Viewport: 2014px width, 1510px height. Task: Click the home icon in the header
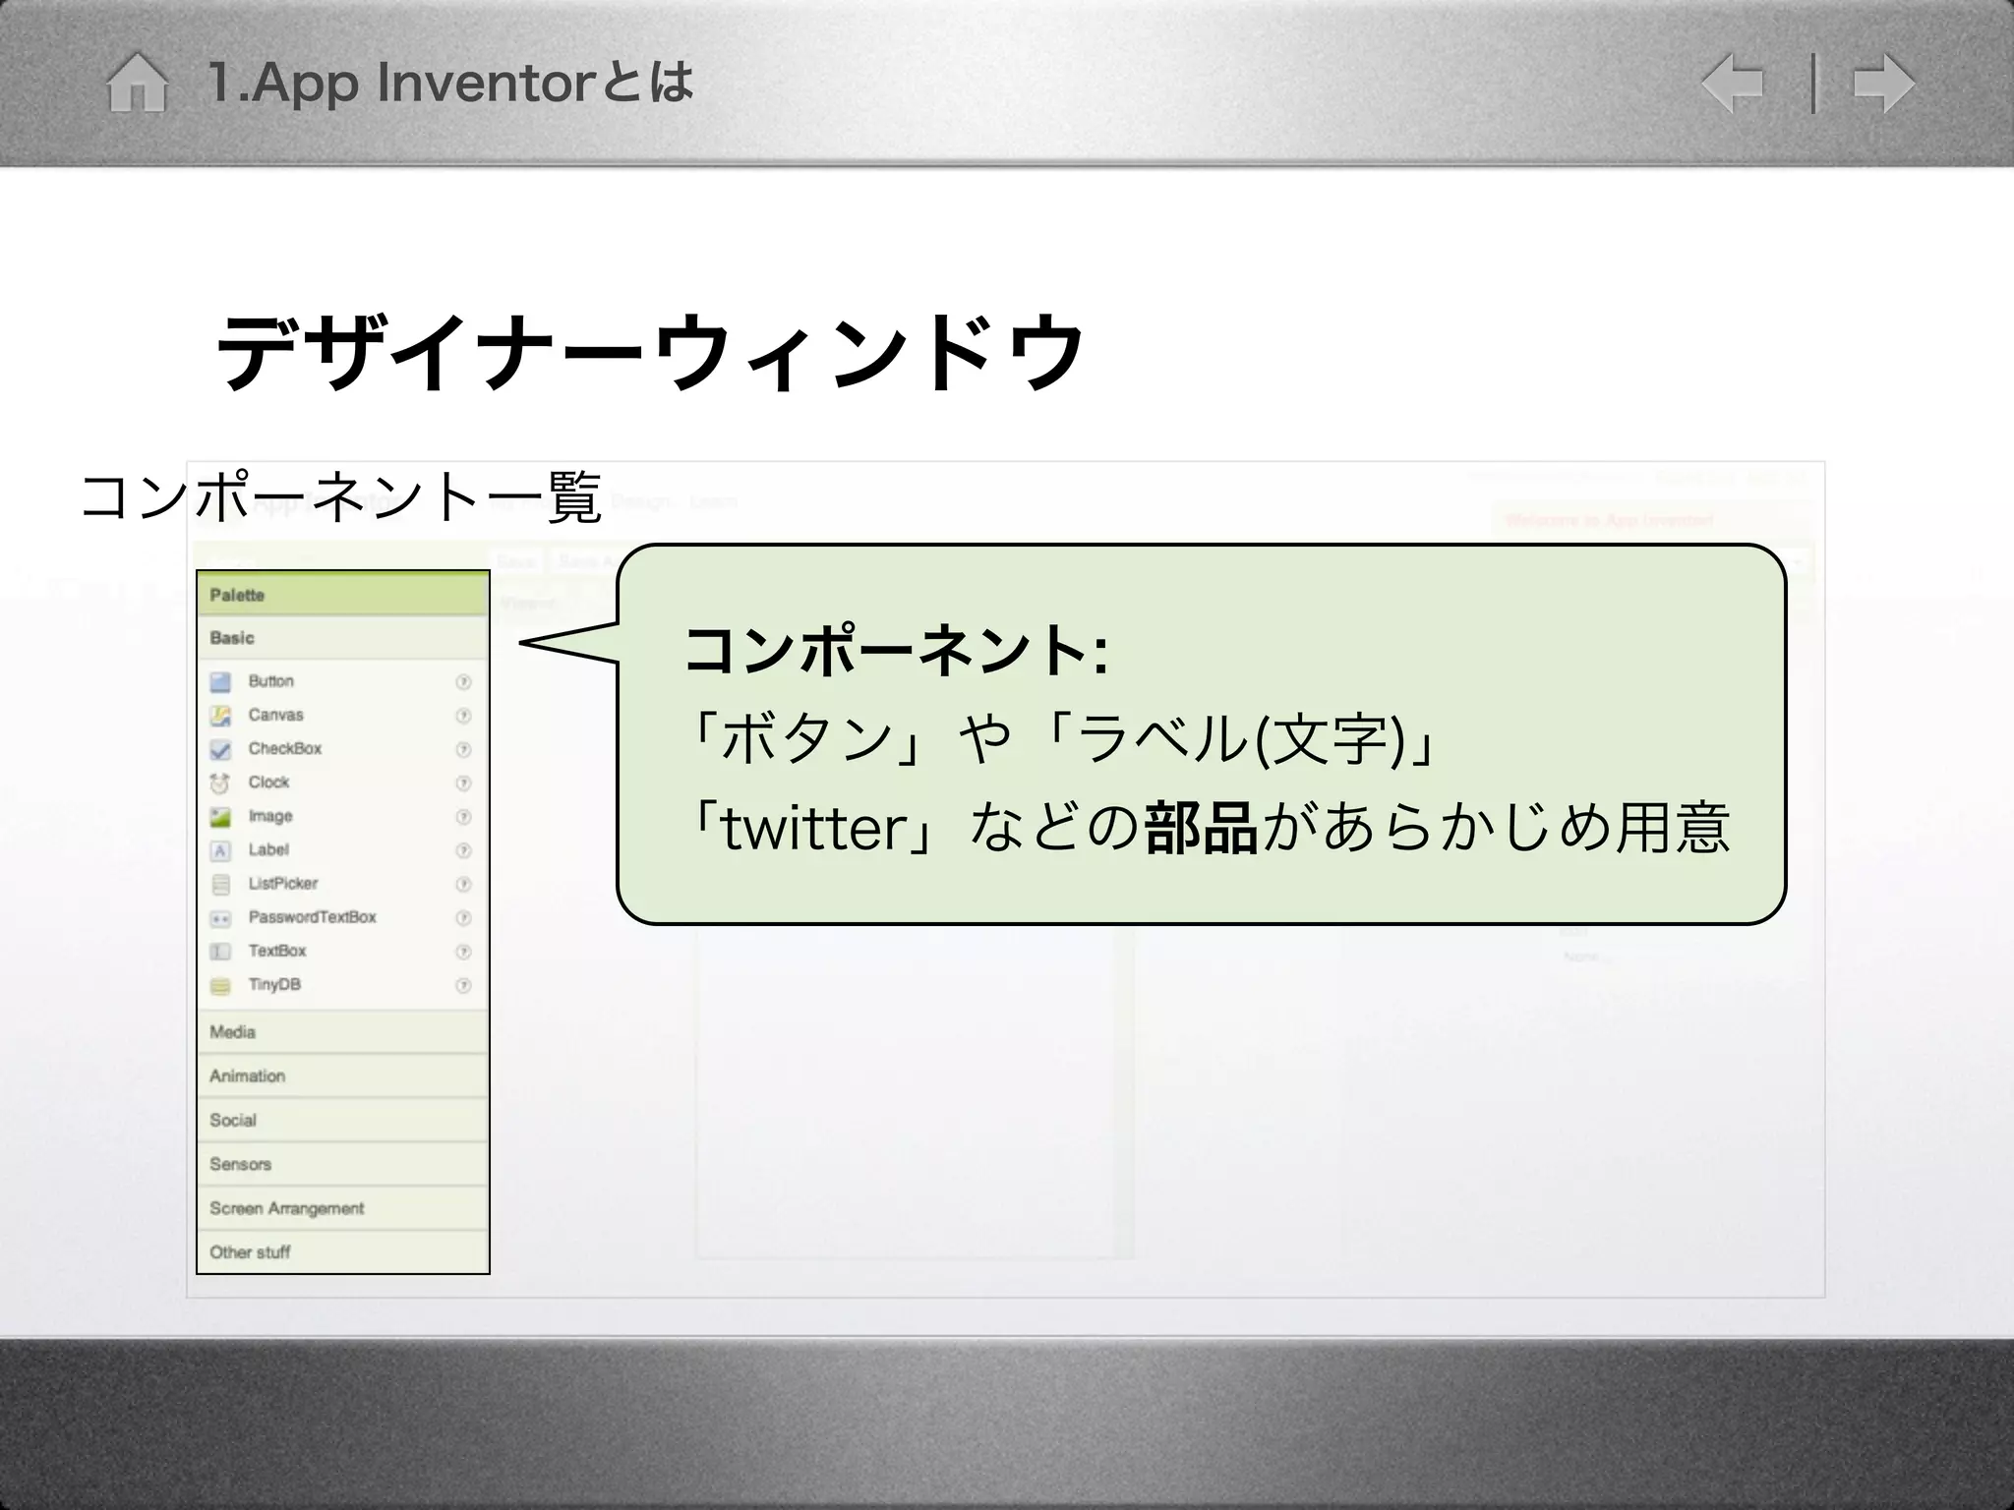click(x=137, y=83)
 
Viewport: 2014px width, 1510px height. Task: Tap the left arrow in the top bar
click(x=1733, y=84)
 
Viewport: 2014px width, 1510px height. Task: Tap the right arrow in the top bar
click(x=1883, y=84)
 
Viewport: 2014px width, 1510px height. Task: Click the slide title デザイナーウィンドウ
click(x=649, y=351)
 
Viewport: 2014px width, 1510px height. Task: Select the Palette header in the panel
click(x=237, y=595)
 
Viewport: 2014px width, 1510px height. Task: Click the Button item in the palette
click(x=270, y=681)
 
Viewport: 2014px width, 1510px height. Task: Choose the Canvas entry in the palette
click(x=275, y=715)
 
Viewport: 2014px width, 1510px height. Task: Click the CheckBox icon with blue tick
click(x=220, y=750)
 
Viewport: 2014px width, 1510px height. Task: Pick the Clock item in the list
click(x=268, y=783)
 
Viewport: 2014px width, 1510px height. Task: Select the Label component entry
click(x=268, y=849)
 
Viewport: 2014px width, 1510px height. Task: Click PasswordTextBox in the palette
click(x=312, y=917)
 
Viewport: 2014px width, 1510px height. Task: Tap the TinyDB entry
click(x=274, y=984)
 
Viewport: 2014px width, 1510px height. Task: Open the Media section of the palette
click(x=233, y=1032)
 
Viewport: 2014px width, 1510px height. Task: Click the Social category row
click(x=233, y=1120)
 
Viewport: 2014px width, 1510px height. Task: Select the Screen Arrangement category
click(x=286, y=1208)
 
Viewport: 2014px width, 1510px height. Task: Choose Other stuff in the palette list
click(x=250, y=1252)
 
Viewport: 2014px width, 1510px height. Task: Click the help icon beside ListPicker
click(x=463, y=884)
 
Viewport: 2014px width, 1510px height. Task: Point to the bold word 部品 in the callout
click(x=1201, y=828)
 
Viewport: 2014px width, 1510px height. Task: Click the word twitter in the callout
click(x=814, y=828)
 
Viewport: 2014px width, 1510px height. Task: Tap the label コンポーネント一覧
click(x=340, y=496)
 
